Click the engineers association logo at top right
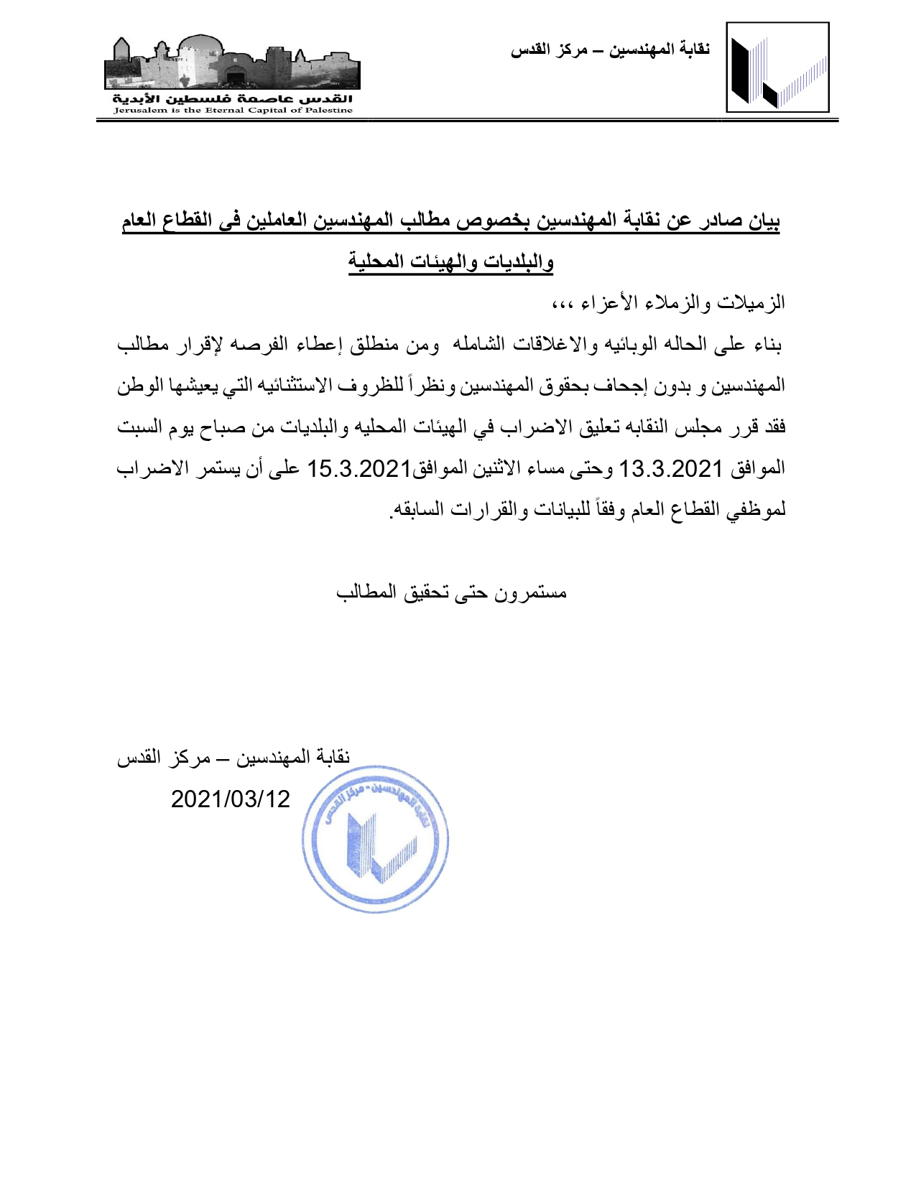[x=777, y=68]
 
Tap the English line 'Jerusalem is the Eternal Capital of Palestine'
[x=233, y=111]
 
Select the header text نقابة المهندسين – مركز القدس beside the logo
[x=610, y=50]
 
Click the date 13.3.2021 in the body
[x=670, y=469]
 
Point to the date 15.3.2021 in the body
[x=358, y=469]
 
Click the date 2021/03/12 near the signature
[x=231, y=799]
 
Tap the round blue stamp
[x=375, y=839]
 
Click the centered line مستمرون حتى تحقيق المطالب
[x=452, y=592]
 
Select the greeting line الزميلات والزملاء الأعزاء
[x=668, y=302]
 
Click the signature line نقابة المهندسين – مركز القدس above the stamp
[x=233, y=757]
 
